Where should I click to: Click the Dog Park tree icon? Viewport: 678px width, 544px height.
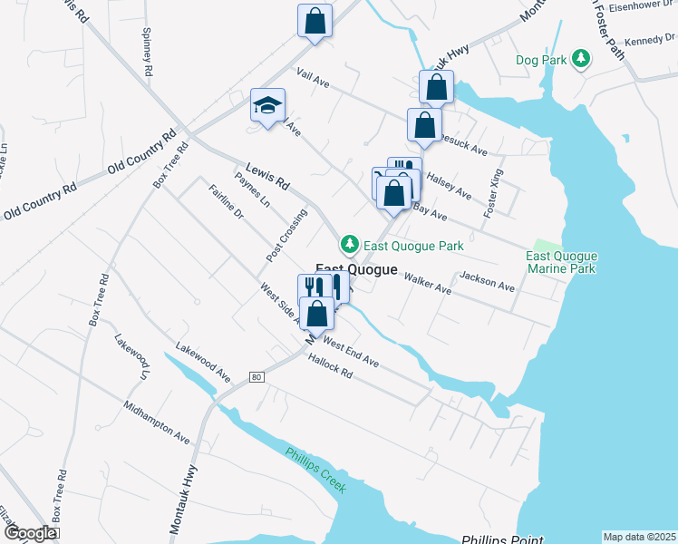(579, 60)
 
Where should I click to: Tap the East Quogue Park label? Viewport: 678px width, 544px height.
(413, 246)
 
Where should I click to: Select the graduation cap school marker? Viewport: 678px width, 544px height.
(267, 105)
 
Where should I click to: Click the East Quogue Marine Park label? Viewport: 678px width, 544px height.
(562, 263)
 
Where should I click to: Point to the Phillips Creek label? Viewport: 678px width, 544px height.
(315, 470)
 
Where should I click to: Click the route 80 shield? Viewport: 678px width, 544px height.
(257, 376)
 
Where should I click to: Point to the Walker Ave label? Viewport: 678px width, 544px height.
(427, 283)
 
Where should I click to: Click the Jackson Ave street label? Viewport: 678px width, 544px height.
(487, 281)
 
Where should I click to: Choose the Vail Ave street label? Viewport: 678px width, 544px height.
(312, 79)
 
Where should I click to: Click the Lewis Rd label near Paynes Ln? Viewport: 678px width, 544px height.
(266, 176)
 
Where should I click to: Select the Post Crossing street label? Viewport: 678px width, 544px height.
(286, 236)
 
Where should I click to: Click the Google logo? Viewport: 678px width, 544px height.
(30, 533)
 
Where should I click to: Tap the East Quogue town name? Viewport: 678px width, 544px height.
(356, 269)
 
